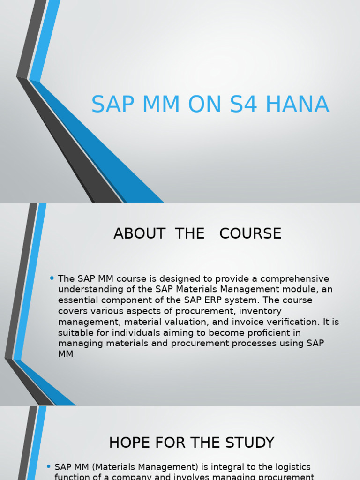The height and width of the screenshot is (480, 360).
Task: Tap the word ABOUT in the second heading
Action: (139, 233)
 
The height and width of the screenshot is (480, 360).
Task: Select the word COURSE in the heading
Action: (250, 233)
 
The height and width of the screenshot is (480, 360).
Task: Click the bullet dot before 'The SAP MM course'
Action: (52, 278)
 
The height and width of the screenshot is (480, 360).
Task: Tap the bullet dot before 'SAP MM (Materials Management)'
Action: (49, 466)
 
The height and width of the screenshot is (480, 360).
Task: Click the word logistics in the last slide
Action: (290, 467)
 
